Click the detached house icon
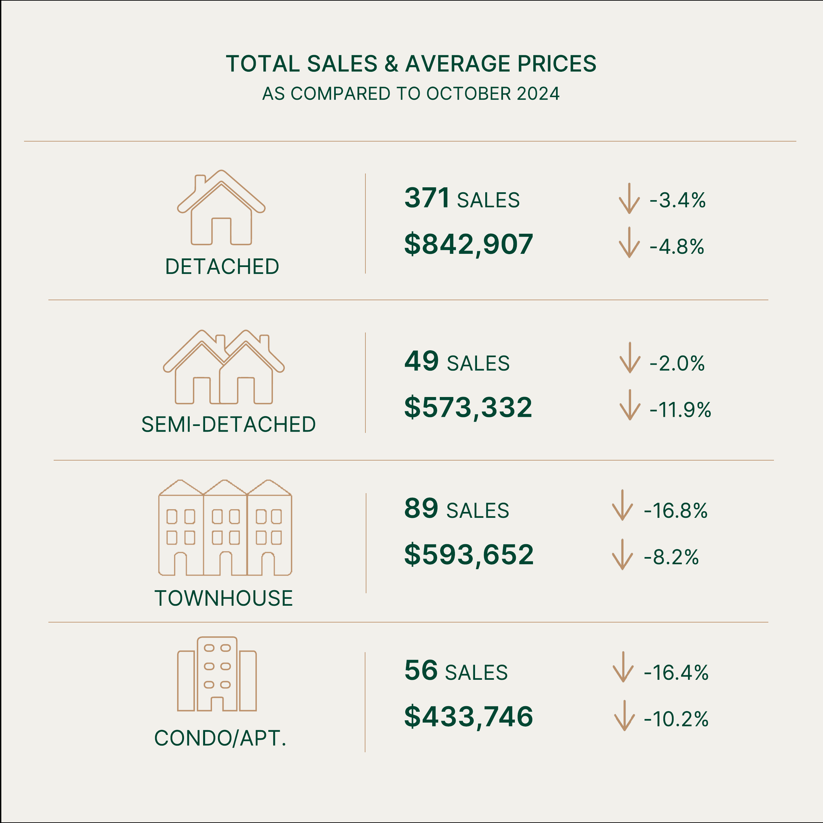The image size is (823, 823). coord(221,207)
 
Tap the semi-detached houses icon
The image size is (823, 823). coord(224,367)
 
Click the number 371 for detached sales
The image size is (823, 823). coord(426,198)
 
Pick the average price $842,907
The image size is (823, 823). coord(468,245)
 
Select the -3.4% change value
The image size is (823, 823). coord(677,200)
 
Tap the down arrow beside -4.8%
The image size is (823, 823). coord(629,242)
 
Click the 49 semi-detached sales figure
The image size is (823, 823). coord(421,361)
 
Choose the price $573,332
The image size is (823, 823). coord(468,408)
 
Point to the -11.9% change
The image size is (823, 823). coord(680,410)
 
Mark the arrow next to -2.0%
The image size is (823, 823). coord(630,358)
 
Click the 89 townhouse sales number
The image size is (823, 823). coord(421,508)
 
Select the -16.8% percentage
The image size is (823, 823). coord(676,511)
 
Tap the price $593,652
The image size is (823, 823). coord(468,555)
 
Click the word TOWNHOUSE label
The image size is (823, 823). coord(224,598)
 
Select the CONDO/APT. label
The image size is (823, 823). coord(220,738)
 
